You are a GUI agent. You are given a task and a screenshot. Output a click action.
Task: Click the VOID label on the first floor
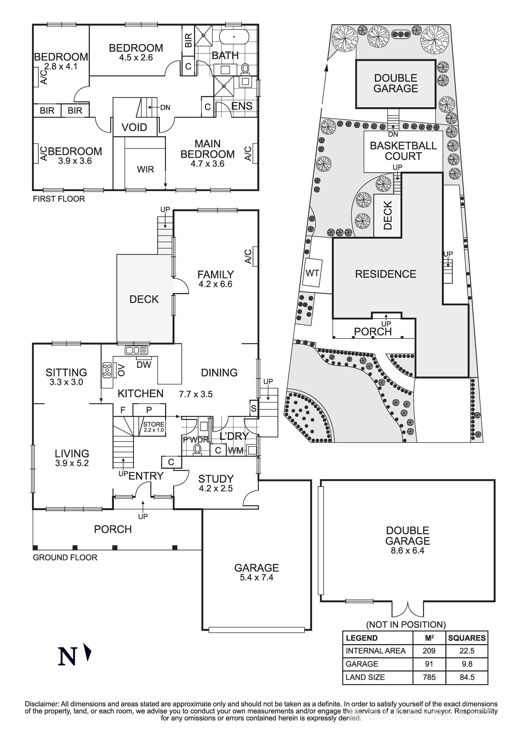tap(134, 127)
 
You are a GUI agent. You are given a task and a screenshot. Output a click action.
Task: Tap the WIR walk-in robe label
tap(145, 169)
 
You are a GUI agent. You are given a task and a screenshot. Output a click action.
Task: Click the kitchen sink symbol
tap(136, 350)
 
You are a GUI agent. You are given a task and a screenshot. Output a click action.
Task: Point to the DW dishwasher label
tap(144, 364)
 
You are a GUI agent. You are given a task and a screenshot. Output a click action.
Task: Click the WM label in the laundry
tap(236, 451)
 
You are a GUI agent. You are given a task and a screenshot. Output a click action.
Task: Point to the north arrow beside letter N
tap(87, 652)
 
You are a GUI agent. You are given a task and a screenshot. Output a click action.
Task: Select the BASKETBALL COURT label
tap(403, 151)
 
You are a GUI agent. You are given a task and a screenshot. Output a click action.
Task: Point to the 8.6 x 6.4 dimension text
tap(407, 550)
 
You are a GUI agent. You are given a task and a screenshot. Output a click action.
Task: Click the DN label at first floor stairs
tap(165, 107)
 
